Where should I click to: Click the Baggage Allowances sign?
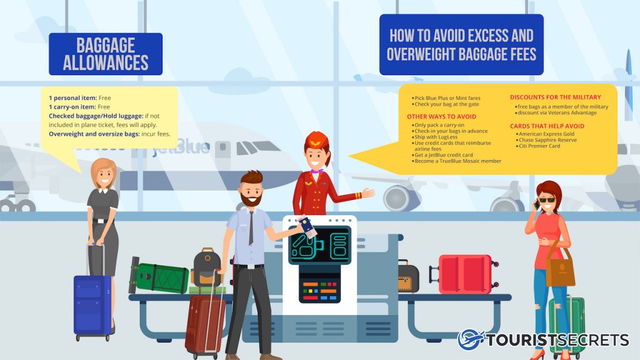(106, 54)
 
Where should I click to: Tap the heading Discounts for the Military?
(555, 97)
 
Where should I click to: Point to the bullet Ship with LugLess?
(436, 137)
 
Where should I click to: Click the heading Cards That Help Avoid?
(547, 126)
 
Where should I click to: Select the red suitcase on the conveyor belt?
(464, 274)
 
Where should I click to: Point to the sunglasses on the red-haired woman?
(546, 200)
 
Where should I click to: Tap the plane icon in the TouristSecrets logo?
(471, 340)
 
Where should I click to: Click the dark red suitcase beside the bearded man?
(205, 322)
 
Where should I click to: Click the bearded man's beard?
(252, 199)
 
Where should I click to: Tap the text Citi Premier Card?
(539, 146)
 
